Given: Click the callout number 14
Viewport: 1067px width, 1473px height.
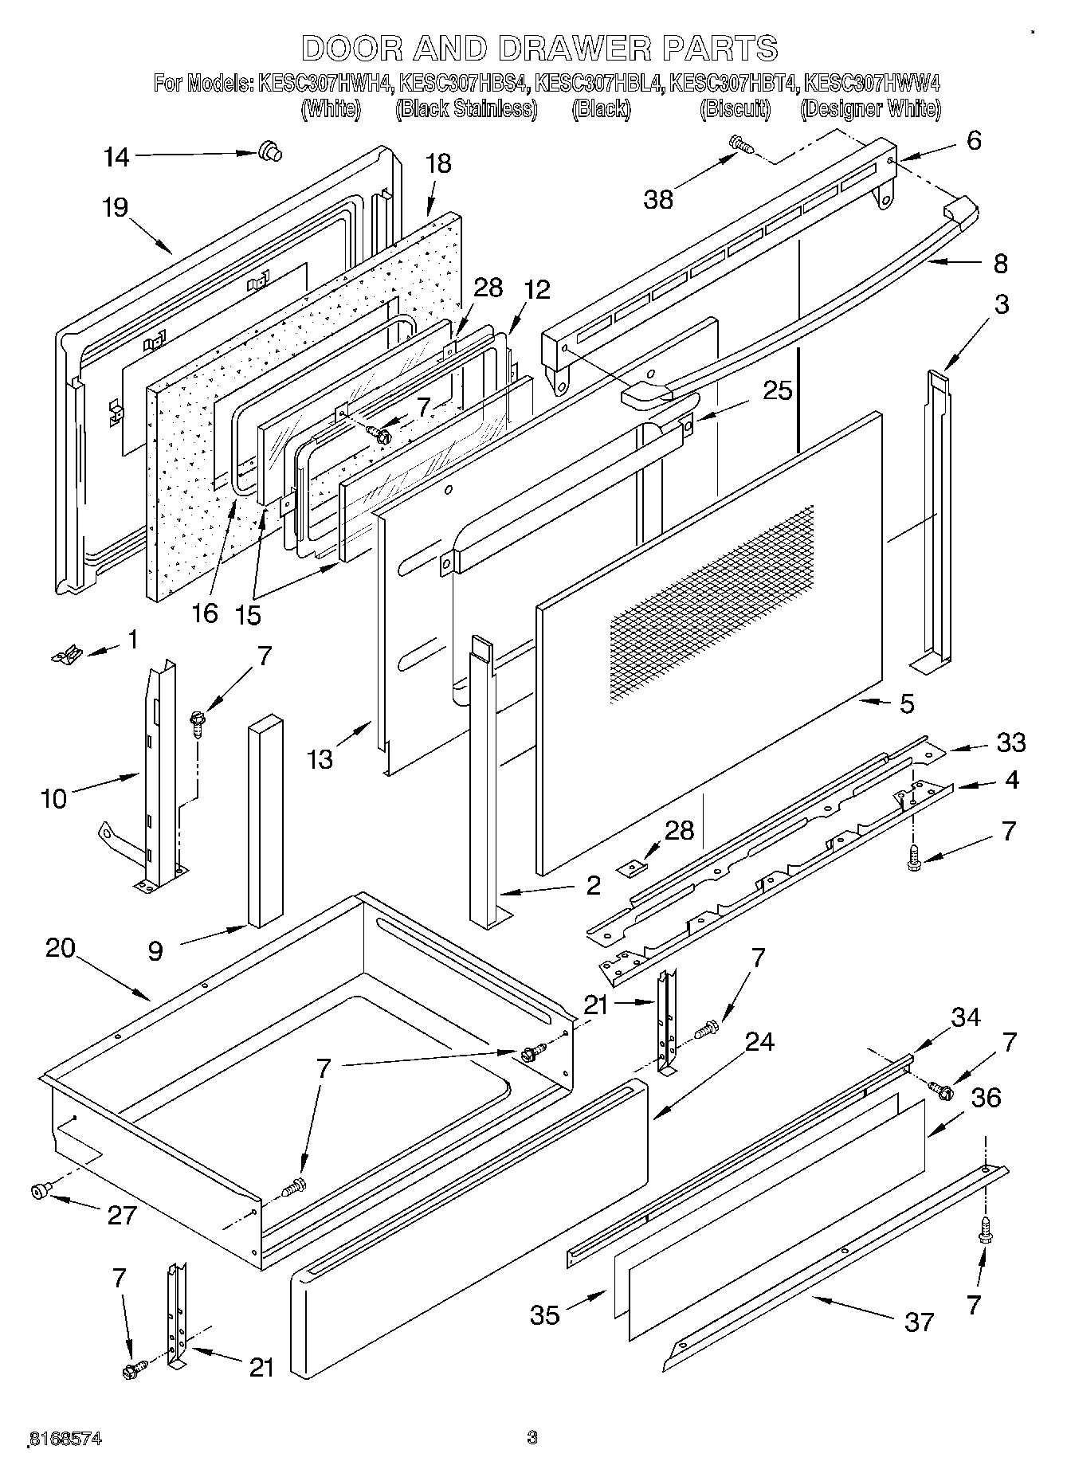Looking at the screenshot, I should [116, 157].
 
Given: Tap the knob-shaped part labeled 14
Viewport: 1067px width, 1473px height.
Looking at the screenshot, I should [270, 151].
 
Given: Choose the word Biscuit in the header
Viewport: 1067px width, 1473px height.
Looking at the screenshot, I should [735, 109].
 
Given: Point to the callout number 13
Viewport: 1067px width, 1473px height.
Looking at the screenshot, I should [320, 759].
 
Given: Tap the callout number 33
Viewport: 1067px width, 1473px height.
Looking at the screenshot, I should [1010, 742].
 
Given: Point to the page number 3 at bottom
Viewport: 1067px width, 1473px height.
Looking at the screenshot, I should [532, 1438].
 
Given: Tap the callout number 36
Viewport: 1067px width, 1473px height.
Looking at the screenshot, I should [986, 1098].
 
